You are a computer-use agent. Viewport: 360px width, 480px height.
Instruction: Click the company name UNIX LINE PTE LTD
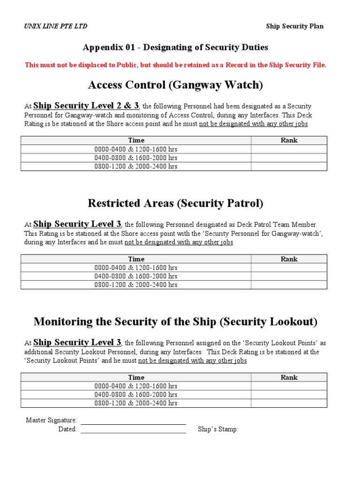click(x=55, y=26)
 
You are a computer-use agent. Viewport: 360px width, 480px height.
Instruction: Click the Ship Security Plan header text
click(x=295, y=26)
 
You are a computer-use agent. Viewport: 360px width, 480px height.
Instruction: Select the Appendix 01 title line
click(x=175, y=47)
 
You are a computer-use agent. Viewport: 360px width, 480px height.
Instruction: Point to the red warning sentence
click(x=175, y=65)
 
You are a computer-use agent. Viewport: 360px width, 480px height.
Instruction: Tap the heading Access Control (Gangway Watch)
click(x=175, y=85)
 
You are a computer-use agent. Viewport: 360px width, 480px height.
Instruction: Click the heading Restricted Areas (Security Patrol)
click(x=175, y=203)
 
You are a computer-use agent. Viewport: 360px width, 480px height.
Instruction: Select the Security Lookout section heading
click(x=175, y=322)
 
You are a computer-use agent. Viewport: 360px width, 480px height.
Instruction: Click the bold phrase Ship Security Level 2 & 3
click(x=86, y=106)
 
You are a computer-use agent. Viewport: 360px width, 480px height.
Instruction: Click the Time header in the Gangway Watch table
click(x=136, y=140)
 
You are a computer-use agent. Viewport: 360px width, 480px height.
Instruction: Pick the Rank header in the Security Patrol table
click(x=289, y=259)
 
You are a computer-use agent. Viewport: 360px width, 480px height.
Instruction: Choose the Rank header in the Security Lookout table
click(x=289, y=377)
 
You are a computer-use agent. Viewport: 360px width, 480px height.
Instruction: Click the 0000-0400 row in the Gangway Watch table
click(x=136, y=149)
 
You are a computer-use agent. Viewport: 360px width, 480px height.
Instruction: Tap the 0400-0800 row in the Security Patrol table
click(x=136, y=276)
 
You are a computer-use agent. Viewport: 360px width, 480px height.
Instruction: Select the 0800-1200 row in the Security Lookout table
click(x=136, y=403)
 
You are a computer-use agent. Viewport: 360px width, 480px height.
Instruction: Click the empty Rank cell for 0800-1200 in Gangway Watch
click(x=289, y=166)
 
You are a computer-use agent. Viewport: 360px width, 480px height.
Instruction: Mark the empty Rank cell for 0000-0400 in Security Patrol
click(x=289, y=268)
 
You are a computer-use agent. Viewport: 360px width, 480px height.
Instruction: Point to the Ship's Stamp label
click(x=218, y=429)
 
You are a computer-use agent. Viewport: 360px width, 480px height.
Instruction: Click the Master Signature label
click(x=51, y=421)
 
